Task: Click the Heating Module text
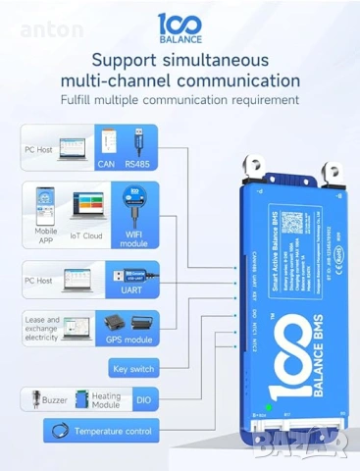click(x=106, y=399)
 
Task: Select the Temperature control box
click(x=101, y=430)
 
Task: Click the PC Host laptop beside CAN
click(x=72, y=148)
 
